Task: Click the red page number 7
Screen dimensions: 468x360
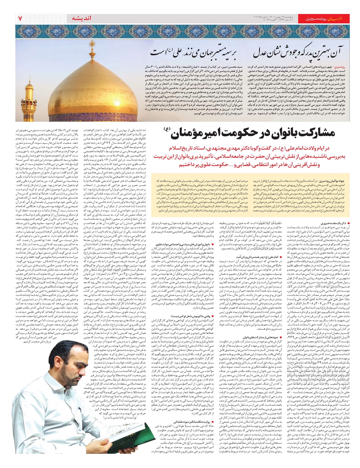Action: pos(20,18)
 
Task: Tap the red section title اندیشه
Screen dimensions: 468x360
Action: pos(81,18)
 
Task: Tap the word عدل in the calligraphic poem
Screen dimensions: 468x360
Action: pos(261,54)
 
